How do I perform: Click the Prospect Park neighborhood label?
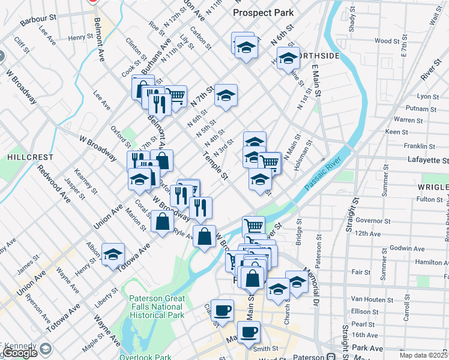coord(263,12)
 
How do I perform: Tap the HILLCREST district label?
coord(30,157)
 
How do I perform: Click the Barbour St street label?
coord(41,20)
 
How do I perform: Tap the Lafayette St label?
coord(429,161)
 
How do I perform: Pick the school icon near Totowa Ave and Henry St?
coord(113,254)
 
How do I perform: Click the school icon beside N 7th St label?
coord(226,95)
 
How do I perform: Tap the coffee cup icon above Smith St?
coord(249,332)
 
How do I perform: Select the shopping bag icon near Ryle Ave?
coord(163,221)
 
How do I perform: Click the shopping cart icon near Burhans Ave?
coord(175,96)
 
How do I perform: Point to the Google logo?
coord(20,353)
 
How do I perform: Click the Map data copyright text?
coord(423,355)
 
